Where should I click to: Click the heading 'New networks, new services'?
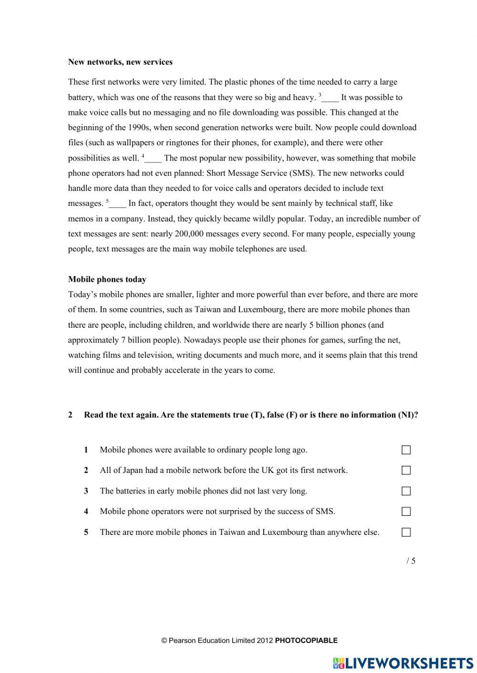tap(120, 62)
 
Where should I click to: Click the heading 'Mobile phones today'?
tap(107, 280)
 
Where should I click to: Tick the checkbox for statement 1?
tap(406, 450)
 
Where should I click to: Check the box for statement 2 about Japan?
tap(406, 471)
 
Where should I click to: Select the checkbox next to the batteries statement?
tap(406, 491)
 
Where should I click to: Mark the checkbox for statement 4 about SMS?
tap(406, 512)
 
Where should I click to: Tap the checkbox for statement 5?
tap(406, 532)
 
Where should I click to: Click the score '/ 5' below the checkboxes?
tap(411, 561)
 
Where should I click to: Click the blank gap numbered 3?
tap(330, 98)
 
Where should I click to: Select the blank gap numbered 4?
tap(154, 159)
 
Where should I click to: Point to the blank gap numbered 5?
tap(118, 204)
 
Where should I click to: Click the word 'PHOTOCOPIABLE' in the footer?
tap(306, 641)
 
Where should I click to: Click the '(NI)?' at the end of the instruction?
tap(408, 415)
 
